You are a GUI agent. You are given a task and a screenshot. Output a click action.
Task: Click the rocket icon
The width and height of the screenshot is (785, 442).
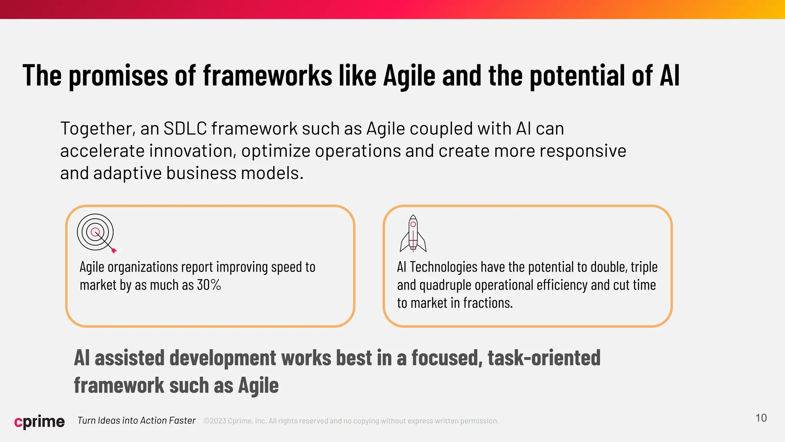[413, 233]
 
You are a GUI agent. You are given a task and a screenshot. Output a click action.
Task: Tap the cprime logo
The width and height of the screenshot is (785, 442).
[39, 421]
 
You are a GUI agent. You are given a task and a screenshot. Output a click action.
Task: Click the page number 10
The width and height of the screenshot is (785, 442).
[761, 418]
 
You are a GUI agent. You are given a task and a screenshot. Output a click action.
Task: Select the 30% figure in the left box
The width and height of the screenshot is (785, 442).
[209, 285]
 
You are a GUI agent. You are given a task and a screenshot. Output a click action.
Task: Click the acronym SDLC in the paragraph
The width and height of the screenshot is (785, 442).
[185, 129]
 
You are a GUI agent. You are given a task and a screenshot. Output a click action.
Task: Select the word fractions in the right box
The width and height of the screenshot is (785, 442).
[488, 303]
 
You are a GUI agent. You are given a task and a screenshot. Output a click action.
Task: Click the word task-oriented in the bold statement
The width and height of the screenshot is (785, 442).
[544, 358]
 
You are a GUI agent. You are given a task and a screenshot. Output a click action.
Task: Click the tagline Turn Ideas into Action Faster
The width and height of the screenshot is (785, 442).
[136, 421]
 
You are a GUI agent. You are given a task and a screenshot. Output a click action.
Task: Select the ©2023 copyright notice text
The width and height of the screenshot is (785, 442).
[351, 421]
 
